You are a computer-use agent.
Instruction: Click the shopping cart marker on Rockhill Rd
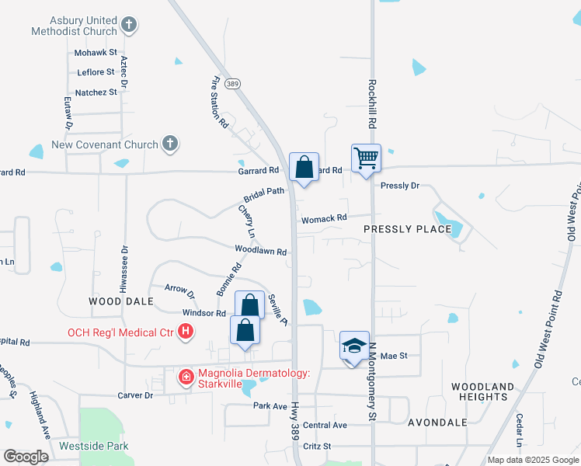(x=366, y=159)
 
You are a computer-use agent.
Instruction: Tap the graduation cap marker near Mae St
(x=354, y=346)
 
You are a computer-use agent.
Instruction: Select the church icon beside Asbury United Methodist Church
(x=129, y=26)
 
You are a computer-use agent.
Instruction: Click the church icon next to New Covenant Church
(x=171, y=144)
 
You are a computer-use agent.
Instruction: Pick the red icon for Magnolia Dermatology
(x=186, y=378)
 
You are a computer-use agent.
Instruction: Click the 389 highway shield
(x=231, y=83)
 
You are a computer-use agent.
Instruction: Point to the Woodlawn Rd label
(x=262, y=252)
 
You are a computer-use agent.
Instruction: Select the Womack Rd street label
(x=324, y=219)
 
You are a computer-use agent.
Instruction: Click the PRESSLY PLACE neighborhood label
(x=407, y=229)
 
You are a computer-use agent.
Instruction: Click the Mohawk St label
(x=96, y=53)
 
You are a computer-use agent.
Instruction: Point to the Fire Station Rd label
(x=220, y=101)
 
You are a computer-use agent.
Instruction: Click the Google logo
(x=26, y=457)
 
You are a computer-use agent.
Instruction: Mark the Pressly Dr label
(x=400, y=186)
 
